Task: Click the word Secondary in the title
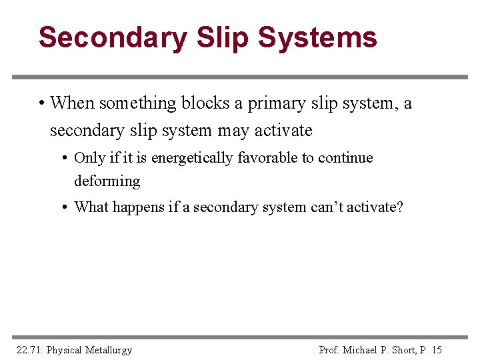pyautogui.click(x=113, y=38)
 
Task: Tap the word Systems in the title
pyautogui.click(x=317, y=38)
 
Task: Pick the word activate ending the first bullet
pyautogui.click(x=284, y=130)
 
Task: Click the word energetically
pyautogui.click(x=193, y=159)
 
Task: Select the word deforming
pyautogui.click(x=107, y=181)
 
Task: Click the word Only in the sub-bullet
pyautogui.click(x=89, y=158)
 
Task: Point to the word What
pyautogui.click(x=91, y=207)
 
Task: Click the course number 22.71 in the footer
pyautogui.click(x=28, y=349)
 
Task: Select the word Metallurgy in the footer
pyautogui.click(x=108, y=349)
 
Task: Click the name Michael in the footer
pyautogui.click(x=365, y=349)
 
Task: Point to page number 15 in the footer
pyautogui.click(x=437, y=349)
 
